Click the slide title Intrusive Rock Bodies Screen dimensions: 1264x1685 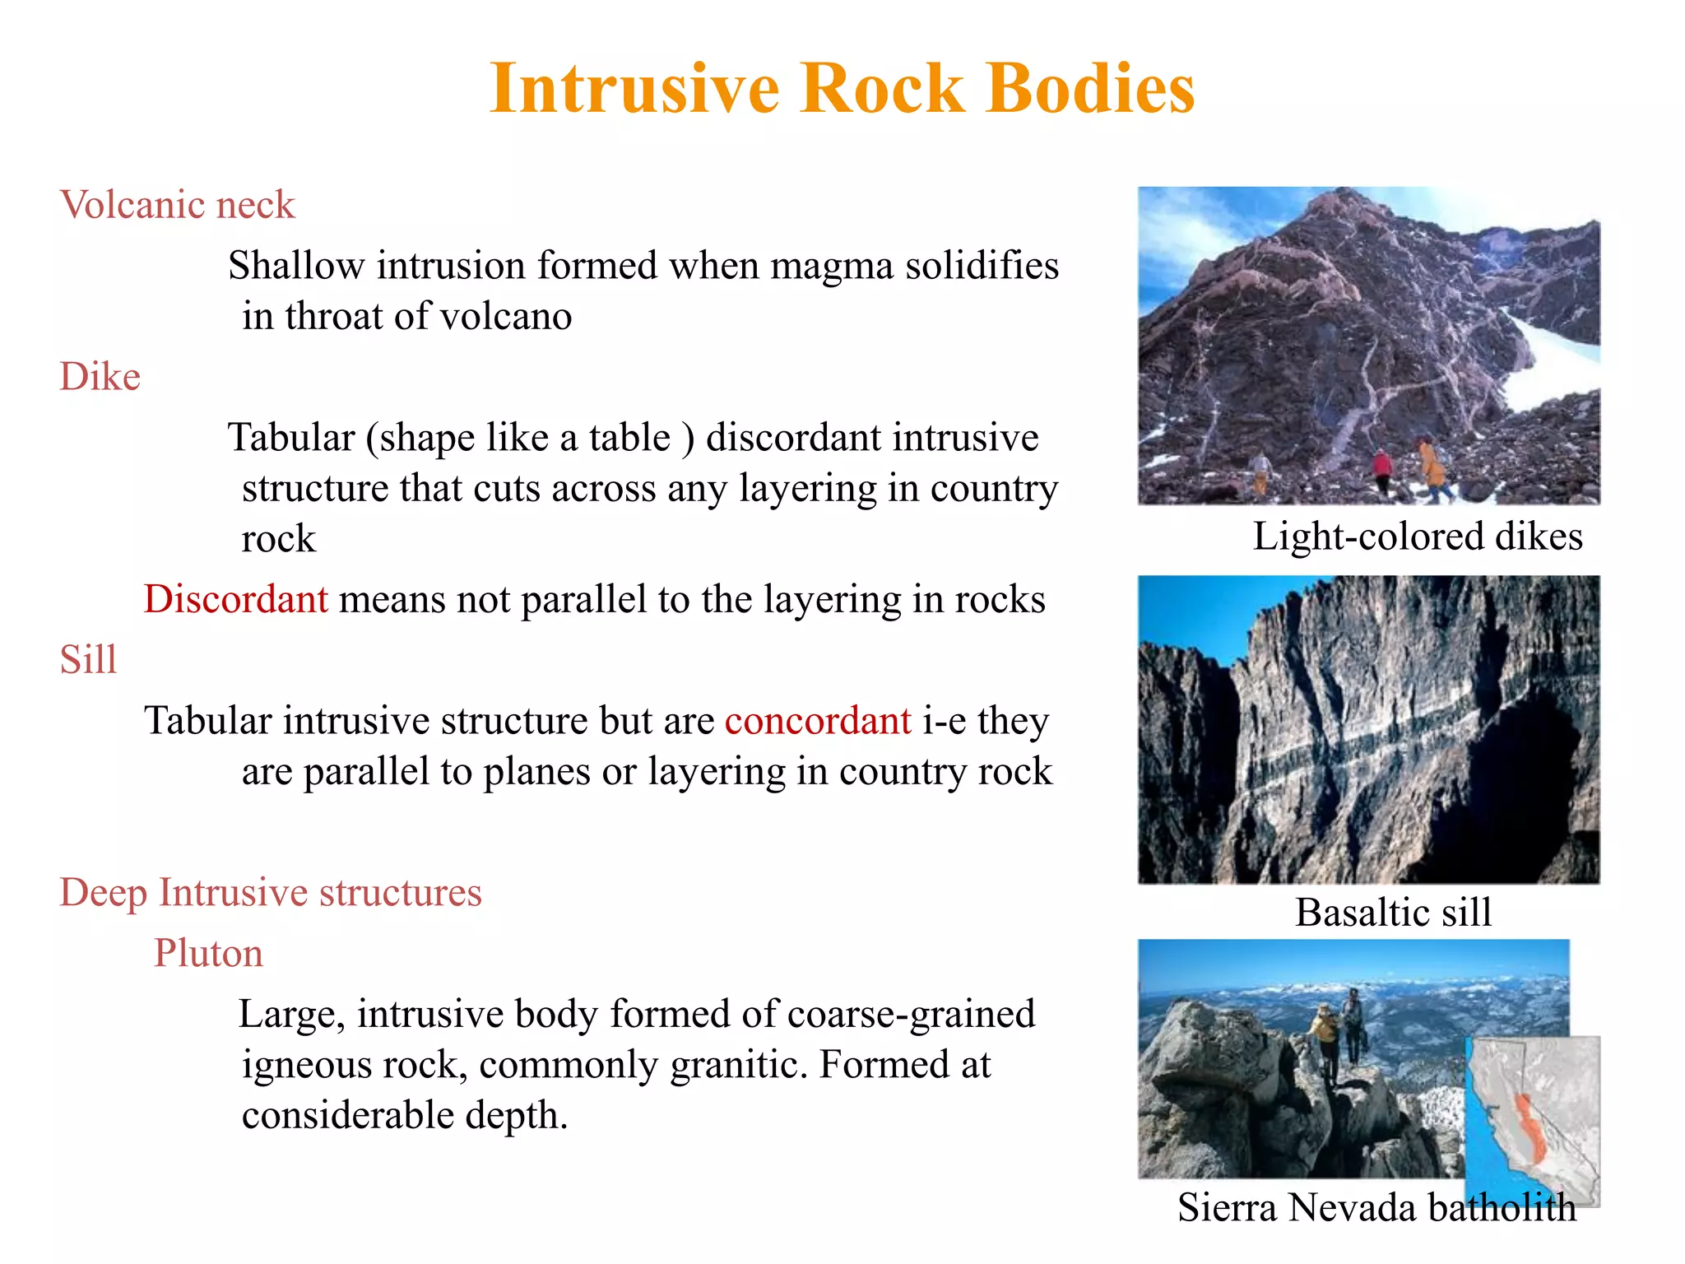(x=842, y=88)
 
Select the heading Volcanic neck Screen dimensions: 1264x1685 (x=177, y=204)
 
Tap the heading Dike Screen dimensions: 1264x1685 (x=100, y=377)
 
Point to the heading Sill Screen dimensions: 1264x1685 (x=88, y=659)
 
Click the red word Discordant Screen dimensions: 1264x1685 (x=236, y=599)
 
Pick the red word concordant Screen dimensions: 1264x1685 (x=818, y=721)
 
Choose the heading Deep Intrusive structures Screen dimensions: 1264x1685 (x=271, y=893)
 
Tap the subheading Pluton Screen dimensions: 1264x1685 (x=208, y=953)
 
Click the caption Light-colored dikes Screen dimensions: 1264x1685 (x=1417, y=537)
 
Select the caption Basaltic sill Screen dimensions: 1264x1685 (x=1393, y=912)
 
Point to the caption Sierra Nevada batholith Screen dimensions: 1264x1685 (x=1376, y=1207)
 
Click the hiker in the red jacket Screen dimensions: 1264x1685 (x=1381, y=469)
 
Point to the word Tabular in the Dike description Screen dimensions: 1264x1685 (x=291, y=438)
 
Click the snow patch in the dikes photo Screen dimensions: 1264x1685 (x=1552, y=362)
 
